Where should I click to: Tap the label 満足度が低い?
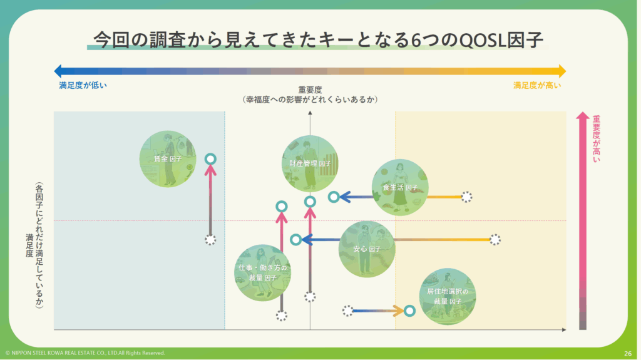[83, 85]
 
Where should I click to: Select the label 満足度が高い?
[537, 85]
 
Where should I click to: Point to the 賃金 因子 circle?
[167, 159]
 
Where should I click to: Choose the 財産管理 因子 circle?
[310, 163]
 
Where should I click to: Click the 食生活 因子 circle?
[400, 187]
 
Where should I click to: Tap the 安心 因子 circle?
[367, 249]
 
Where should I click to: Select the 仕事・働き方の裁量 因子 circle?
[262, 272]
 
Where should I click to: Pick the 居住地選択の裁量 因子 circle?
[448, 296]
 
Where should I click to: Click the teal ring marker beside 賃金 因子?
[211, 159]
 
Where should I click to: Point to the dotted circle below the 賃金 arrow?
[211, 240]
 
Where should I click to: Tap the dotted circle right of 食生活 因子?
[466, 197]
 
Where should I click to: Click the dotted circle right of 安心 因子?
[495, 239]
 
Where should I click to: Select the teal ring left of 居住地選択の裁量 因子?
[409, 311]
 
